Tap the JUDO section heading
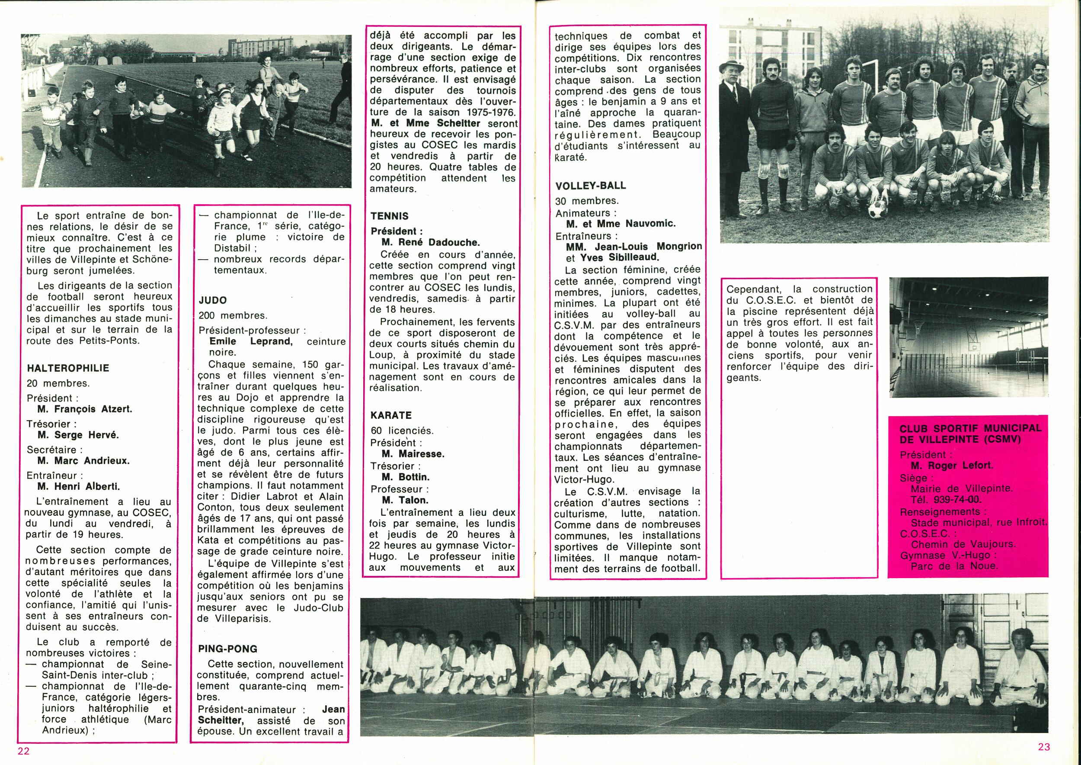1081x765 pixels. [212, 300]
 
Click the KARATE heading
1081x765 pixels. [391, 415]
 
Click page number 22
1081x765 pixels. [23, 751]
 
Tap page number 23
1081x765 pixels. [1044, 747]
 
